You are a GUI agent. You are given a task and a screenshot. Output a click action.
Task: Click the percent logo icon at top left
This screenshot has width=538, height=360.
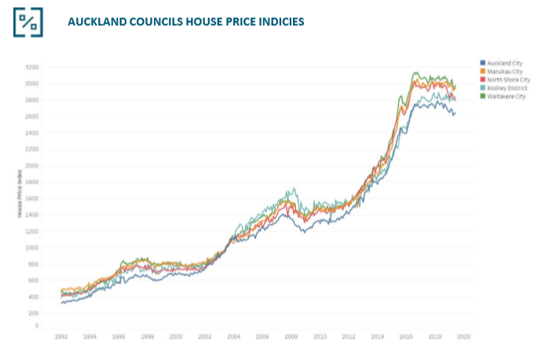(28, 21)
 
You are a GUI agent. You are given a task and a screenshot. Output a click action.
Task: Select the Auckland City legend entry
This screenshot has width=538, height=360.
(504, 62)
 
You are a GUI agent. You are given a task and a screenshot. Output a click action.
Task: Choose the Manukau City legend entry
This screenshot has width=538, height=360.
(504, 71)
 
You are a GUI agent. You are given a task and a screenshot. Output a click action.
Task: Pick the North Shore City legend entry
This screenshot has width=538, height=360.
(508, 79)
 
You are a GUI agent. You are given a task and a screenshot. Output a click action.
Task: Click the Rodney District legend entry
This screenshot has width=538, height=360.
(507, 88)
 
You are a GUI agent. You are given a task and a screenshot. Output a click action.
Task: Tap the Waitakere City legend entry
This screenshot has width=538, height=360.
(506, 97)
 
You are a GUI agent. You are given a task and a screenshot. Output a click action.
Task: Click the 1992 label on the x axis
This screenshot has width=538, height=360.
(60, 336)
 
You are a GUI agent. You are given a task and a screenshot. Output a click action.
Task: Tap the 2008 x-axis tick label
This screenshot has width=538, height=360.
(291, 336)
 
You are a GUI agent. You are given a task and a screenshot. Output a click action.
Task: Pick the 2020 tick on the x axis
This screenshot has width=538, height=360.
(463, 336)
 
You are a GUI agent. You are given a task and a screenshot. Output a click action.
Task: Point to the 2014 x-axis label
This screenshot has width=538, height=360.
(377, 336)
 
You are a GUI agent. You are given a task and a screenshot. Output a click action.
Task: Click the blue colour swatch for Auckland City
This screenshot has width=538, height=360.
(481, 62)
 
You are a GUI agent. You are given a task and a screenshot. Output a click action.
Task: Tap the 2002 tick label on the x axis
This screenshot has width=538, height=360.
(204, 336)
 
